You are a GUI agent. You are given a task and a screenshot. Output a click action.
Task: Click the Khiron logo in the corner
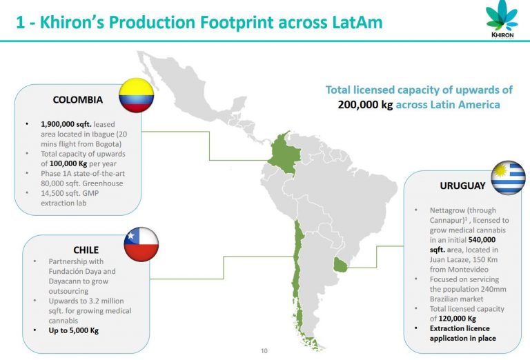502,19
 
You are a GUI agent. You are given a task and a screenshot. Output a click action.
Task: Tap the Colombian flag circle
136,95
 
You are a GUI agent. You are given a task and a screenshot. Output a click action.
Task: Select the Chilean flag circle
141,244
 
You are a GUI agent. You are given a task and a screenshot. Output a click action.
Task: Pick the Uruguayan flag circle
508,178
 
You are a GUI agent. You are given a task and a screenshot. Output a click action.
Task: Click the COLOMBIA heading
78,100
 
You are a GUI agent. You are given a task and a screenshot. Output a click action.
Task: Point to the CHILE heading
86,250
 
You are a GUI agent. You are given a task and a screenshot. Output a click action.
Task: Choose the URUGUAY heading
462,186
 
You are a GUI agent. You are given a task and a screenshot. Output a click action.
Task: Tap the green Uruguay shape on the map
340,265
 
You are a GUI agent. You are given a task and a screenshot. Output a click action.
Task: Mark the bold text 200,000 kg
365,105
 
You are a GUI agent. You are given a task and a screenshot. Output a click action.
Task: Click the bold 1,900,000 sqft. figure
66,124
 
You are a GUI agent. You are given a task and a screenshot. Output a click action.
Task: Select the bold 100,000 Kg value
68,163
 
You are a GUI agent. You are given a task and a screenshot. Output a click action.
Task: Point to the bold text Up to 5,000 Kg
74,330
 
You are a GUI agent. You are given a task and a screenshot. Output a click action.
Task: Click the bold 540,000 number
482,240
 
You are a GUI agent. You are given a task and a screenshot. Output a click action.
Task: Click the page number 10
264,351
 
